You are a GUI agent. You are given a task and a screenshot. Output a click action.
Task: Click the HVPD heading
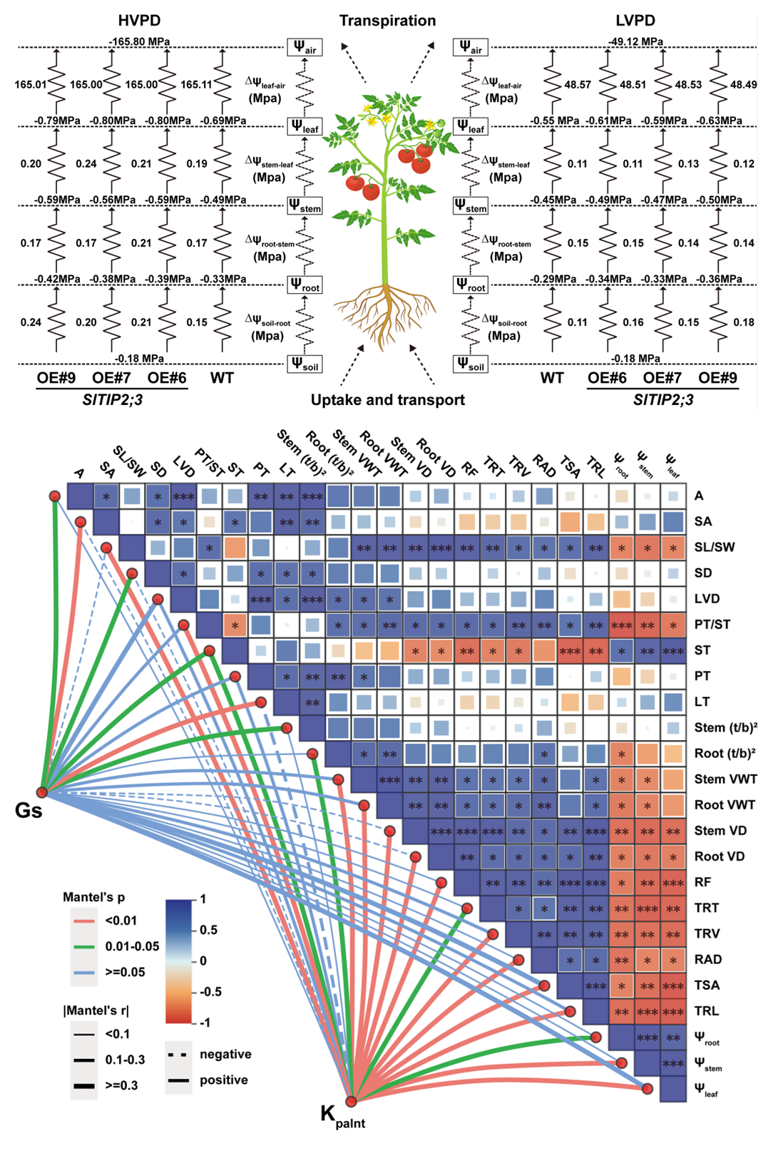(x=139, y=21)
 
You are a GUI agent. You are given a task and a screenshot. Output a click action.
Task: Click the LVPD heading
(x=635, y=21)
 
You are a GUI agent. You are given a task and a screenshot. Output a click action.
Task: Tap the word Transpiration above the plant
(x=387, y=21)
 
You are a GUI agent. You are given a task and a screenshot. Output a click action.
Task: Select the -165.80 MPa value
(x=139, y=42)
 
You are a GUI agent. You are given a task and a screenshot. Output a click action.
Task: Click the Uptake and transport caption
(x=387, y=400)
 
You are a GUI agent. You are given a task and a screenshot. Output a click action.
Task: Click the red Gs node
(x=42, y=792)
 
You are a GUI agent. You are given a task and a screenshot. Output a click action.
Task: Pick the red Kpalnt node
(x=351, y=1101)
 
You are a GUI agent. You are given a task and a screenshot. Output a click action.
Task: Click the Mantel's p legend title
(x=93, y=897)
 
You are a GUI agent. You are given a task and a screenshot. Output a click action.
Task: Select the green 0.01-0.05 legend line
(x=84, y=946)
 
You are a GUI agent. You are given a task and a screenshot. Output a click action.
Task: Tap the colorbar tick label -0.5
(x=210, y=992)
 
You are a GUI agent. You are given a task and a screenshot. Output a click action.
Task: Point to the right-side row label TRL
(x=706, y=1011)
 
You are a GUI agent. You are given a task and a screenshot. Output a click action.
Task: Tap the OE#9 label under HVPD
(x=56, y=378)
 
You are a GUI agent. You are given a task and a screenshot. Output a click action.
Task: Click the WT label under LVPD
(x=552, y=378)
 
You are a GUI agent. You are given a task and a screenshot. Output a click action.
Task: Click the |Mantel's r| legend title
(x=96, y=1010)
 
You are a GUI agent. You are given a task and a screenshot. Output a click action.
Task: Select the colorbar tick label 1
(x=203, y=899)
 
